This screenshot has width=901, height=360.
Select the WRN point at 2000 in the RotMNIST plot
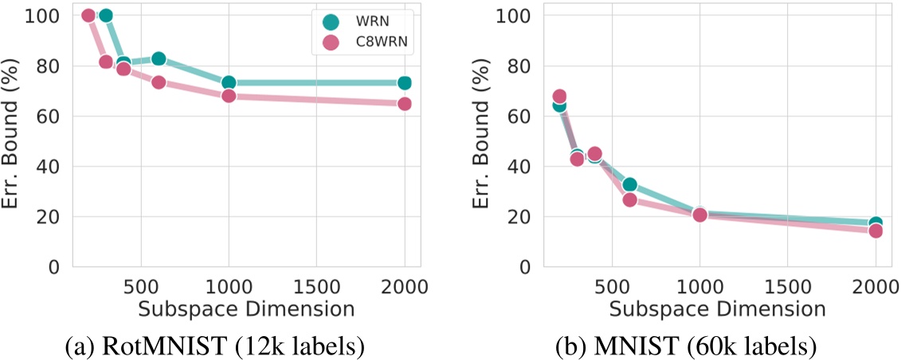point(404,83)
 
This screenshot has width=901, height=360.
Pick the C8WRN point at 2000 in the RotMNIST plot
point(404,104)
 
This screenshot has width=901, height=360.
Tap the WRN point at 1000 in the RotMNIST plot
point(229,83)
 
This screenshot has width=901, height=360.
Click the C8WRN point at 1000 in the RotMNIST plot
point(229,96)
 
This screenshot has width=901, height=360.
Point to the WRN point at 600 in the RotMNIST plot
point(159,58)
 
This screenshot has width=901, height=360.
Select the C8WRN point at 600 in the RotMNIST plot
point(159,82)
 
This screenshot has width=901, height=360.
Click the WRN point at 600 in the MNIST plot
point(629,185)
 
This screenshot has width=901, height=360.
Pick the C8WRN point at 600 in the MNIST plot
point(629,200)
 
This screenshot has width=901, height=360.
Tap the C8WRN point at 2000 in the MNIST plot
point(876,231)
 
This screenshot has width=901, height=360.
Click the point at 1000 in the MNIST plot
point(699,214)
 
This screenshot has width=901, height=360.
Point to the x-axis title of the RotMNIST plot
point(245,307)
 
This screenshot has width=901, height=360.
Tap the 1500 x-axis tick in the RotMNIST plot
point(316,286)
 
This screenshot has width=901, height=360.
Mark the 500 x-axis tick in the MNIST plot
point(612,286)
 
